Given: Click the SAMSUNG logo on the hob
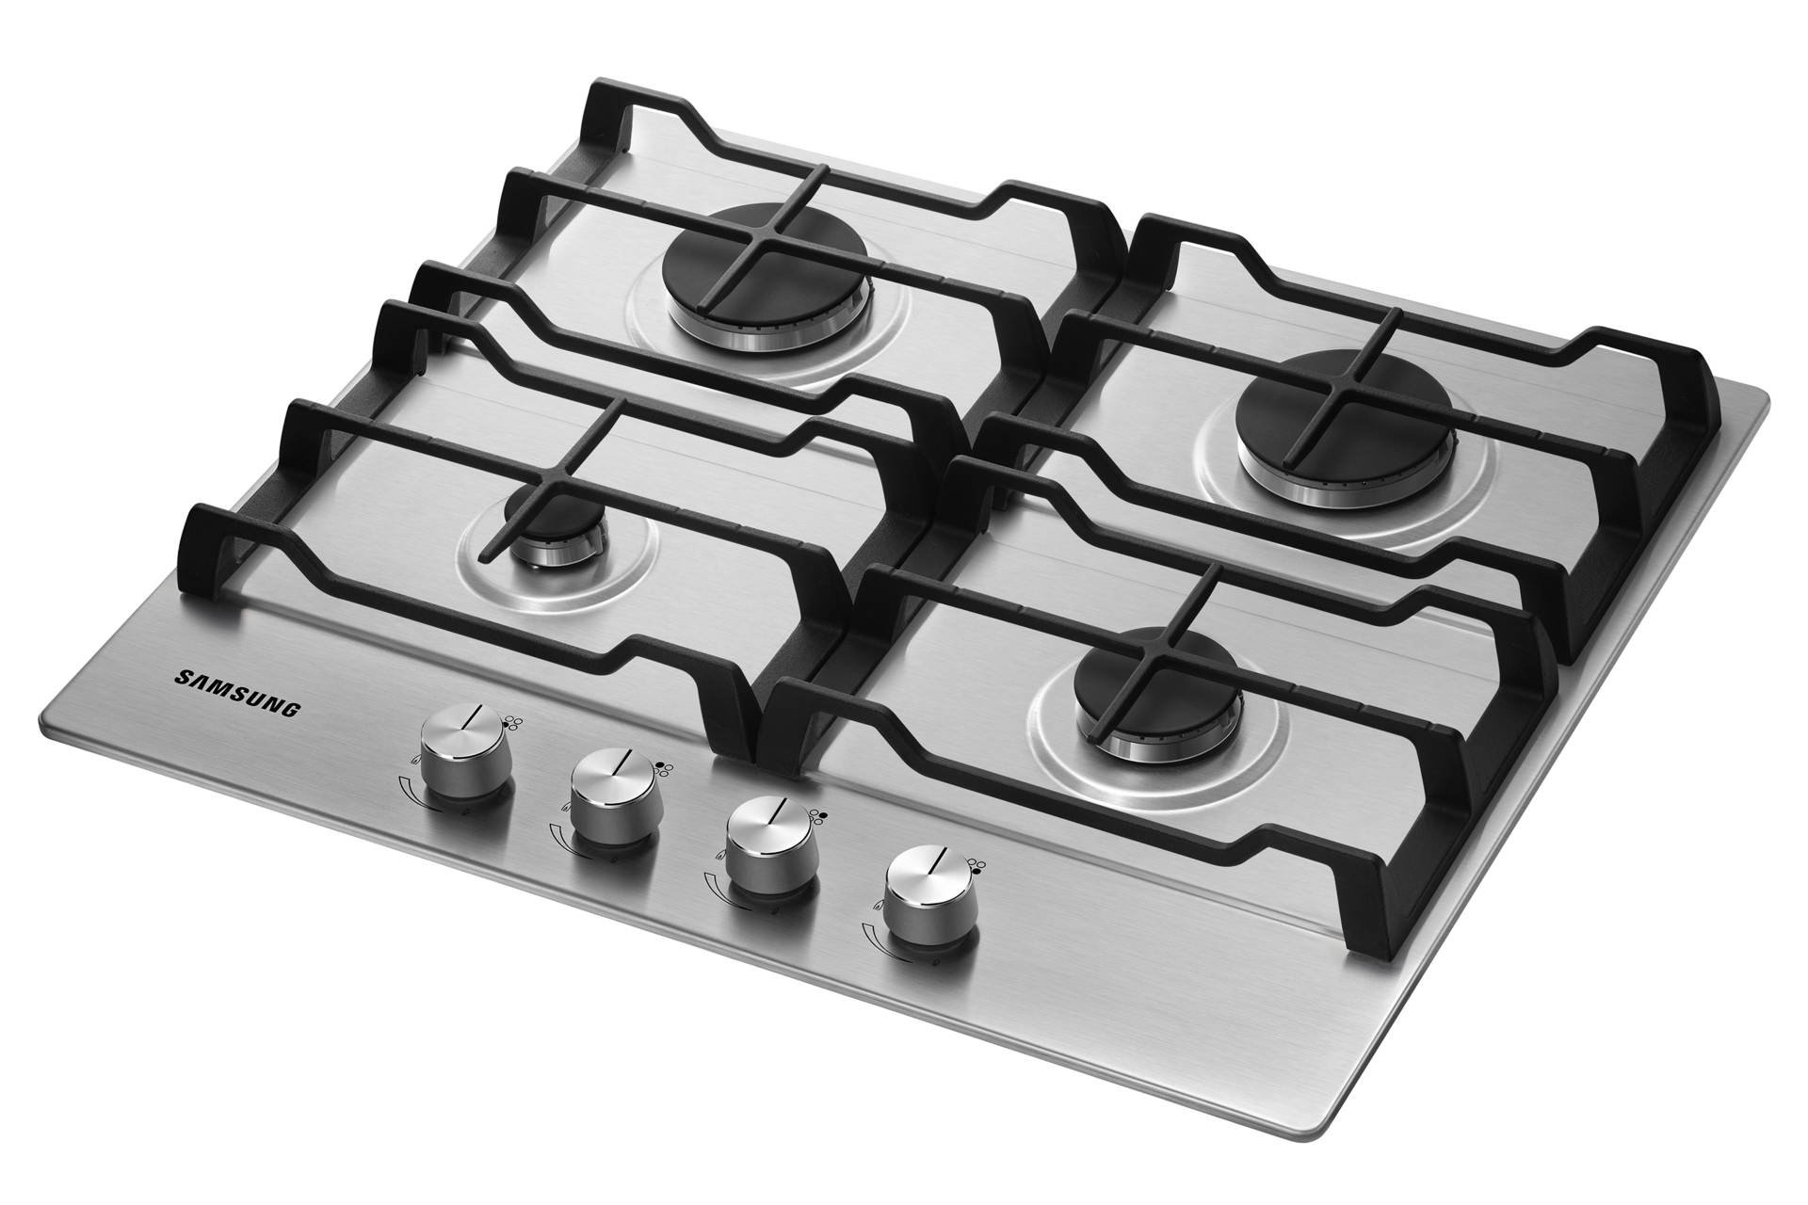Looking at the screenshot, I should (238, 694).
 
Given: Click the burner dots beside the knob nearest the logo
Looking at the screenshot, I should (515, 722).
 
